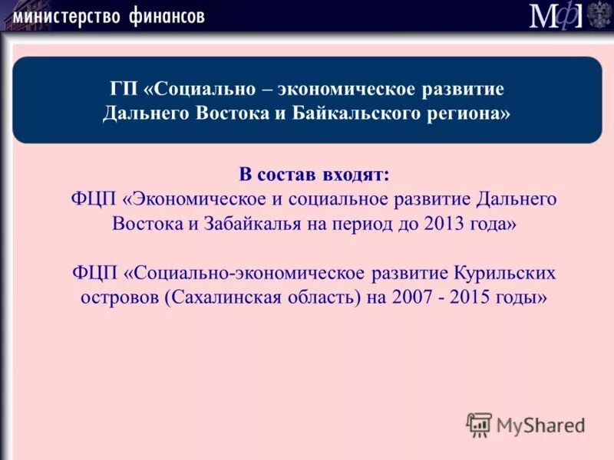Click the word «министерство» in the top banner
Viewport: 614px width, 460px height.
(x=68, y=15)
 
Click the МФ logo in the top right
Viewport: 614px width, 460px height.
(x=556, y=15)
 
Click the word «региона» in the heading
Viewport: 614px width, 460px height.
(x=475, y=114)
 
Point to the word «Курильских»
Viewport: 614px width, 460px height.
(x=503, y=273)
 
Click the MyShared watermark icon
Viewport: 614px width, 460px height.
(x=479, y=424)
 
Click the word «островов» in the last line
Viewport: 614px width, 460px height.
(x=118, y=297)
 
